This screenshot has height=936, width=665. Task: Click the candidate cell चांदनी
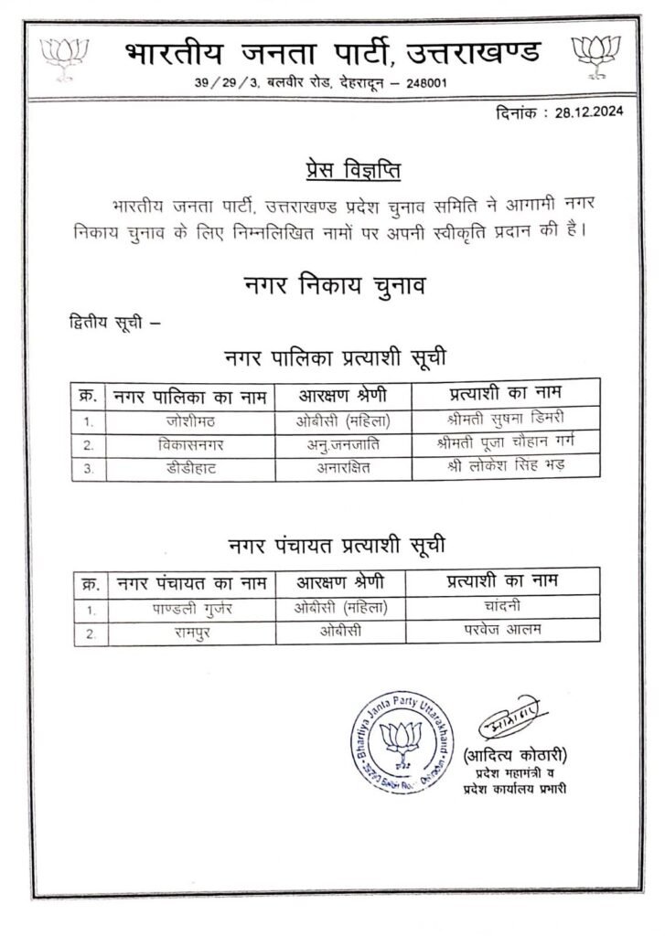(503, 608)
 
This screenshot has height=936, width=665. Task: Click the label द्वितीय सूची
(102, 322)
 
